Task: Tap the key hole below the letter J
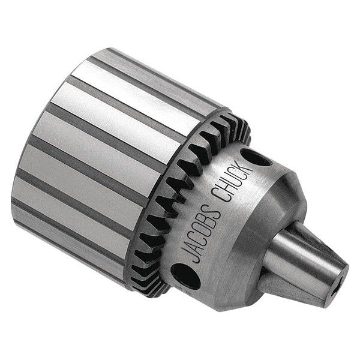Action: pos(186,277)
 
